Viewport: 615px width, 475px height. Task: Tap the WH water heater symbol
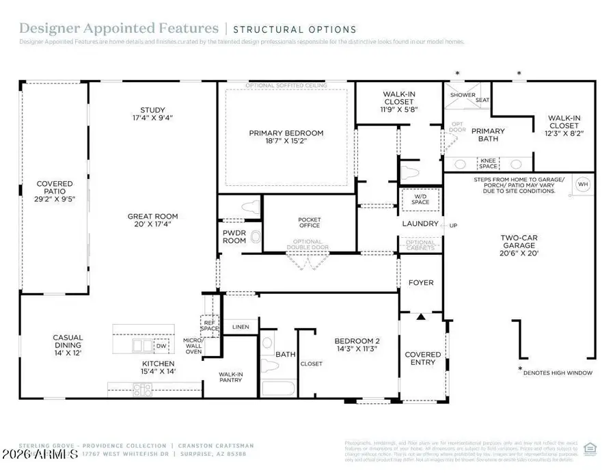(583, 184)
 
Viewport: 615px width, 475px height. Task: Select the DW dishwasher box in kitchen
(161, 346)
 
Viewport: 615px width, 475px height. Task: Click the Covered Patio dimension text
(54, 200)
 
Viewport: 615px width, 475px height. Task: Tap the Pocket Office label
(310, 223)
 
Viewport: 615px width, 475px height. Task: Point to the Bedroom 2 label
(356, 344)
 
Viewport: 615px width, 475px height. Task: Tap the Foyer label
(421, 282)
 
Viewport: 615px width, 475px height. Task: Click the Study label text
(152, 113)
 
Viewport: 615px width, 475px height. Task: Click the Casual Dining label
(68, 342)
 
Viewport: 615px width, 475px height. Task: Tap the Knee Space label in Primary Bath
(488, 163)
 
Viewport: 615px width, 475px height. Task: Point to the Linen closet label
(241, 327)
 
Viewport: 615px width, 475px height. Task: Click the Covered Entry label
(423, 358)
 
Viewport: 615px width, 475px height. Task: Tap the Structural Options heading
(295, 29)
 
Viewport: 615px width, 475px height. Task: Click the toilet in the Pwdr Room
(256, 237)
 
